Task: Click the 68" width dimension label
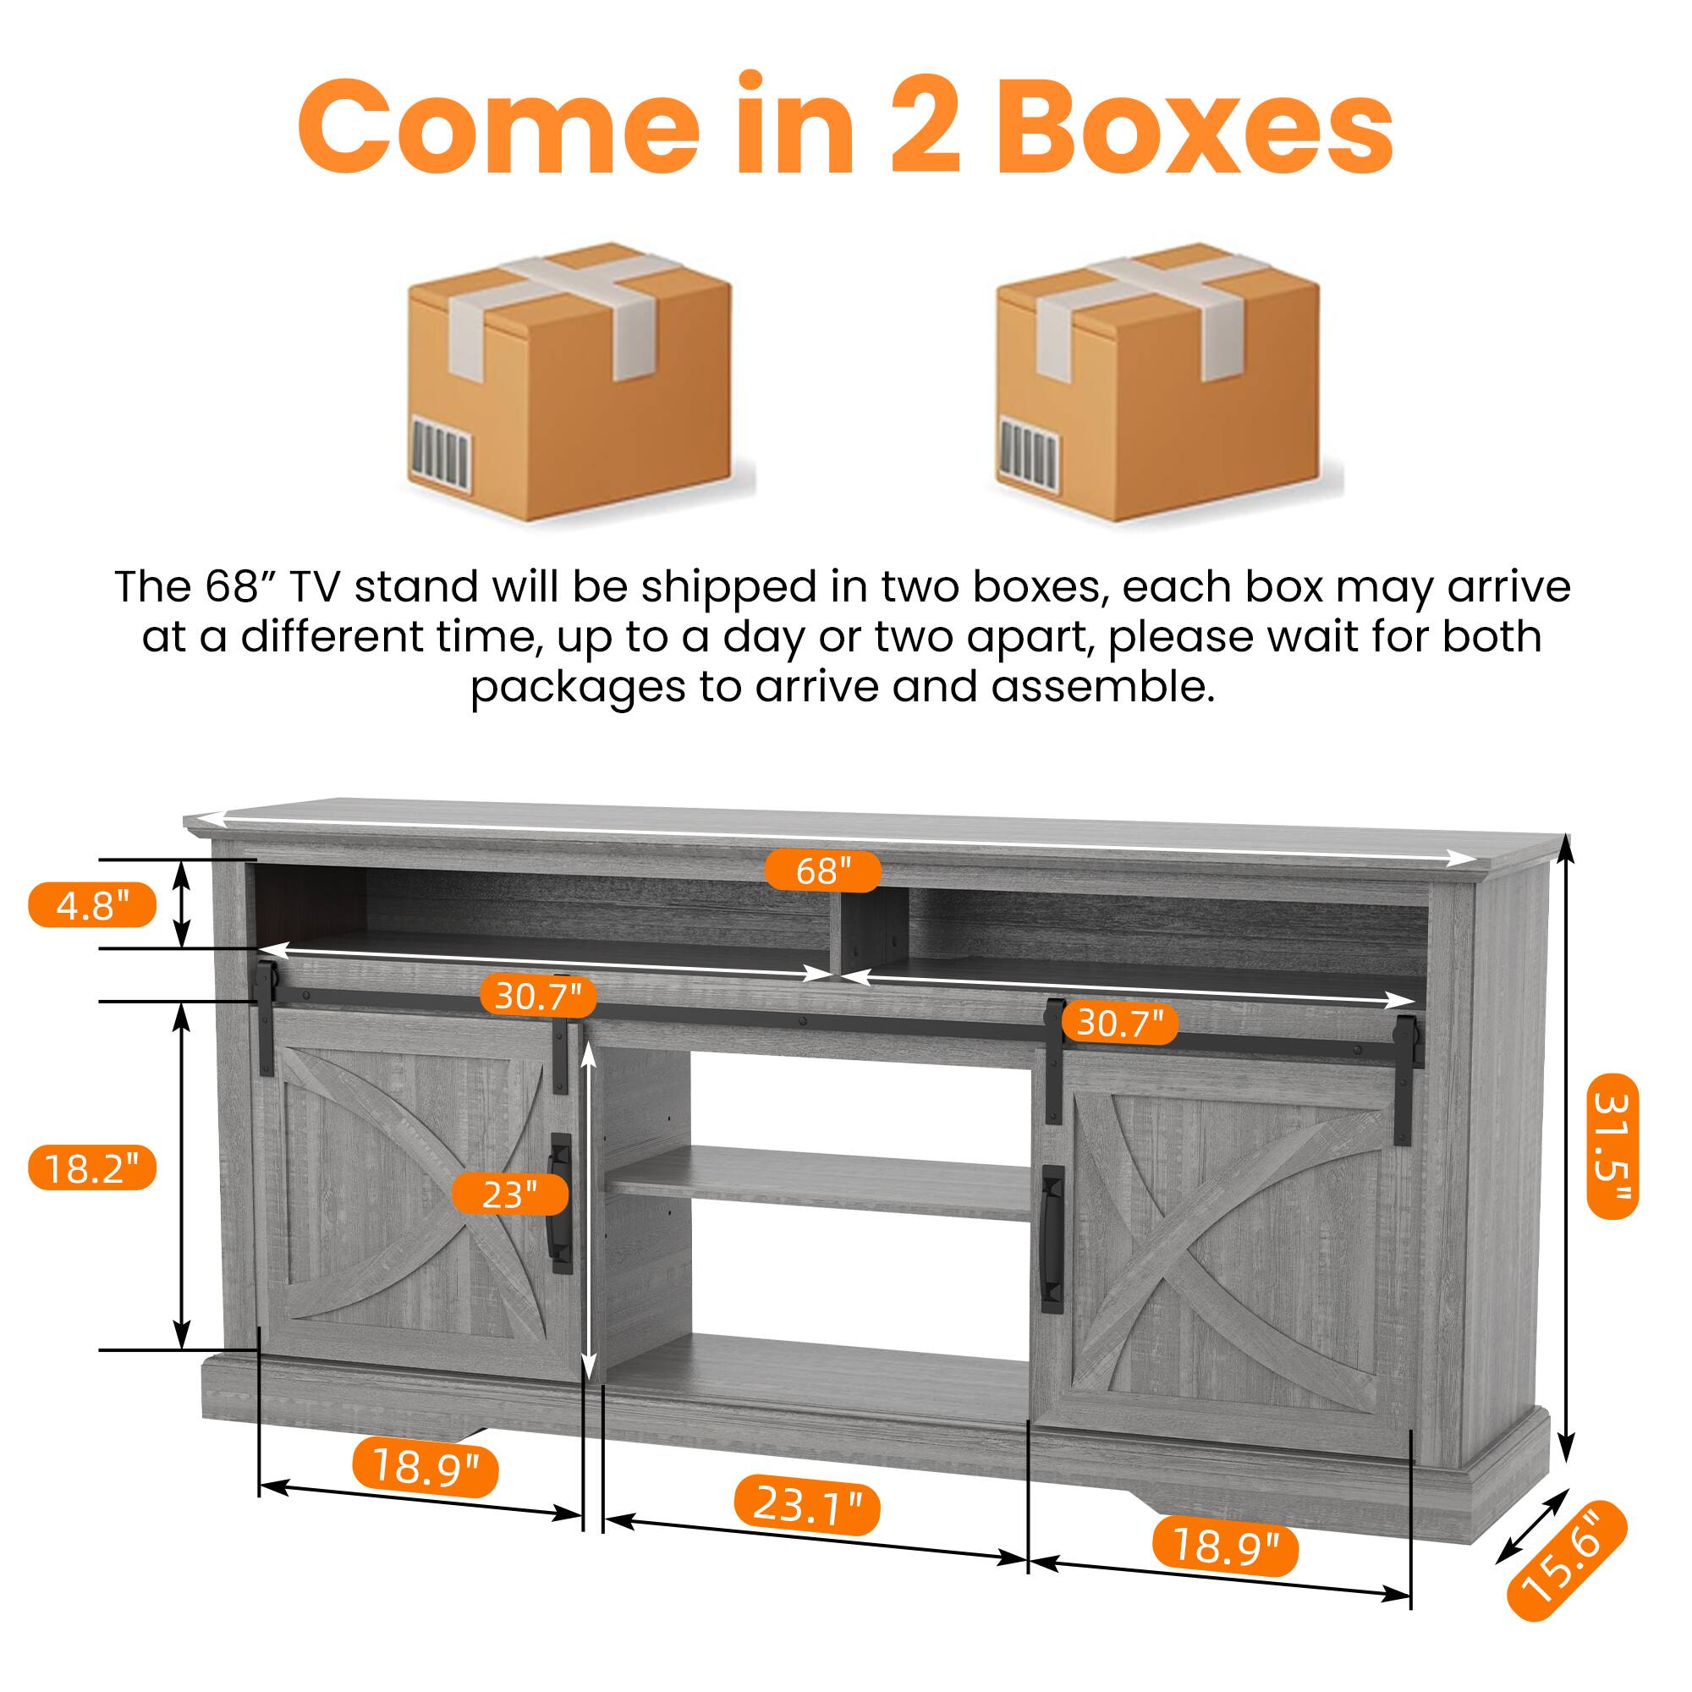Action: (822, 871)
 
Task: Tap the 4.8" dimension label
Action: (92, 904)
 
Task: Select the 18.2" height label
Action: (92, 1167)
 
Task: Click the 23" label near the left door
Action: (509, 1193)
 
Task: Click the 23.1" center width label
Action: (806, 1504)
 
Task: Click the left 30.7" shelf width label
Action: (538, 996)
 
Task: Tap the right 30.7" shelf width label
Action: (1119, 1022)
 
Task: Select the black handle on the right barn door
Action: (1052, 1239)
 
